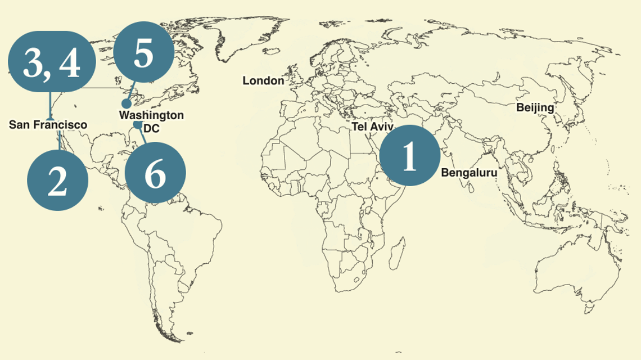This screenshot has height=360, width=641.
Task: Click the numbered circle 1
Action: pyautogui.click(x=409, y=156)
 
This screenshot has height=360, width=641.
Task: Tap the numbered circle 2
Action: pyautogui.click(x=57, y=180)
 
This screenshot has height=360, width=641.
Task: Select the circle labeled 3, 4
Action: pyautogui.click(x=51, y=62)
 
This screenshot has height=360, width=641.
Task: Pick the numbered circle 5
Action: pyautogui.click(x=143, y=54)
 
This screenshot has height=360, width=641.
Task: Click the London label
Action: pyautogui.click(x=263, y=81)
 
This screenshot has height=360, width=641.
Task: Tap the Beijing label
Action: pyautogui.click(x=535, y=107)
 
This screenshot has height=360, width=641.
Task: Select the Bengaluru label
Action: pyautogui.click(x=469, y=173)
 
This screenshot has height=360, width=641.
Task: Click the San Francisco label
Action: pyautogui.click(x=48, y=124)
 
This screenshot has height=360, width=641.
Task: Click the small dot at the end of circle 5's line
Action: pyautogui.click(x=127, y=103)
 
